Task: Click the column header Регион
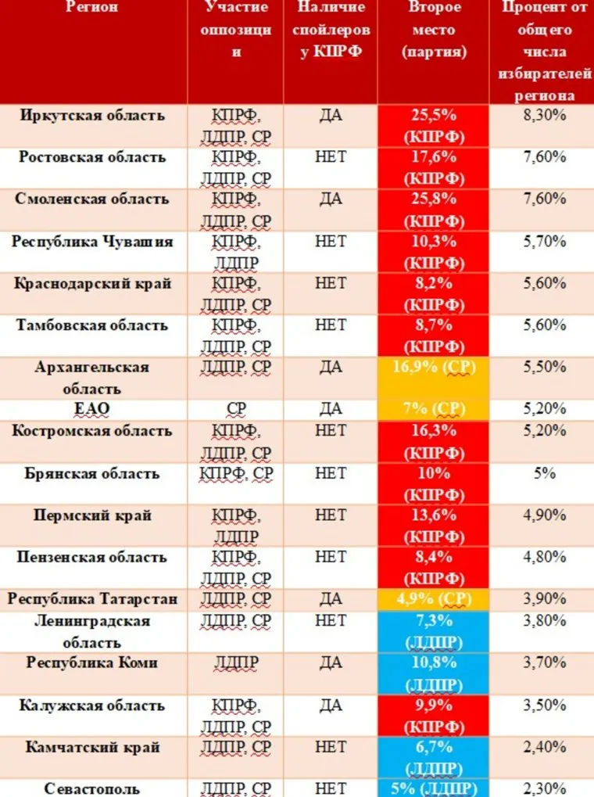tap(92, 8)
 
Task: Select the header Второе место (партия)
tap(434, 30)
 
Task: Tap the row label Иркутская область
tap(92, 116)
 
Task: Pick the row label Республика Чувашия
tap(92, 242)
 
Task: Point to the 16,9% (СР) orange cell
tap(434, 367)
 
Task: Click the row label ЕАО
tap(92, 408)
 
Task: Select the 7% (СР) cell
tap(434, 408)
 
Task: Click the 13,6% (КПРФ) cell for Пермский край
tap(434, 526)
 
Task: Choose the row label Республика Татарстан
tap(92, 599)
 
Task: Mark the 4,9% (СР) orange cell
tap(434, 599)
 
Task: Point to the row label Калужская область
tap(92, 705)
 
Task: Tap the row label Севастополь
tap(92, 788)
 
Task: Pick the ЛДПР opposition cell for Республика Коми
tap(235, 663)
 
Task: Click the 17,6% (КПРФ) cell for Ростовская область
tap(434, 168)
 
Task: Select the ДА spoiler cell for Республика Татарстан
tap(331, 599)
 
